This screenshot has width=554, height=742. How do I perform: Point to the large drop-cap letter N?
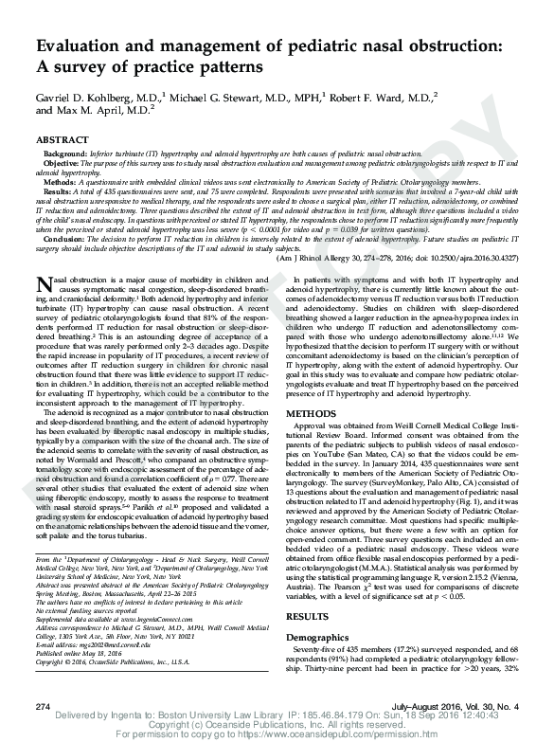pyautogui.click(x=45, y=285)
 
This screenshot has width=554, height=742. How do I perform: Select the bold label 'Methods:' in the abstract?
pyautogui.click(x=61, y=180)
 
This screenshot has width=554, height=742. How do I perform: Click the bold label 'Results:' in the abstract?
pyautogui.click(x=59, y=190)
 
